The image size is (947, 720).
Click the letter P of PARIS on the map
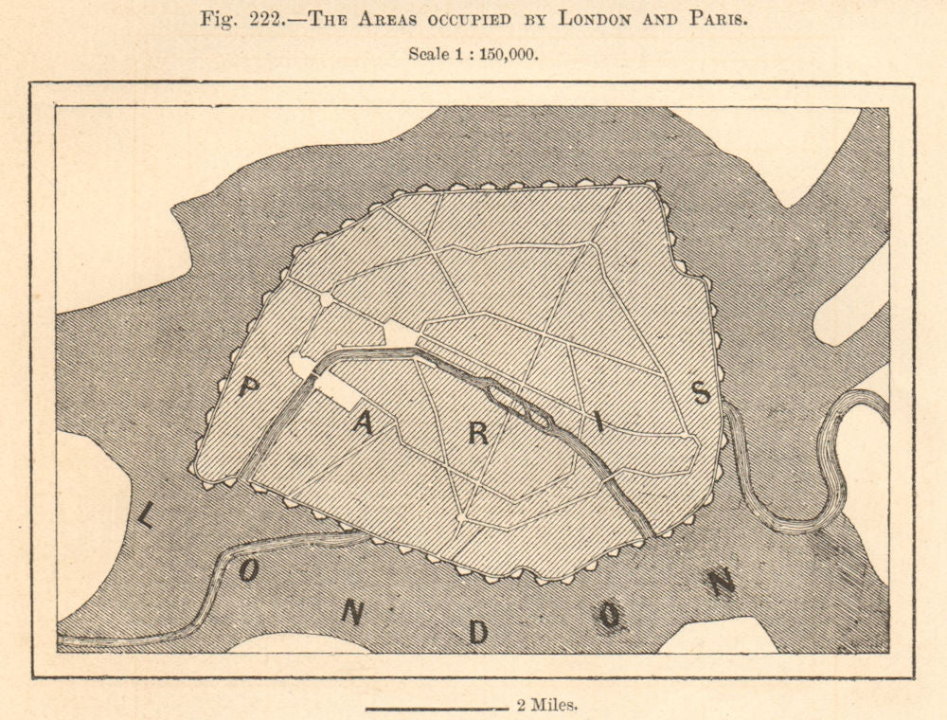(x=249, y=387)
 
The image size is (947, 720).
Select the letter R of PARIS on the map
(x=478, y=434)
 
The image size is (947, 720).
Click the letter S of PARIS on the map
(x=701, y=392)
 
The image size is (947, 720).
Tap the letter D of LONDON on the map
(x=478, y=632)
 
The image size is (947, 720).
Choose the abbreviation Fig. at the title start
(x=217, y=19)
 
